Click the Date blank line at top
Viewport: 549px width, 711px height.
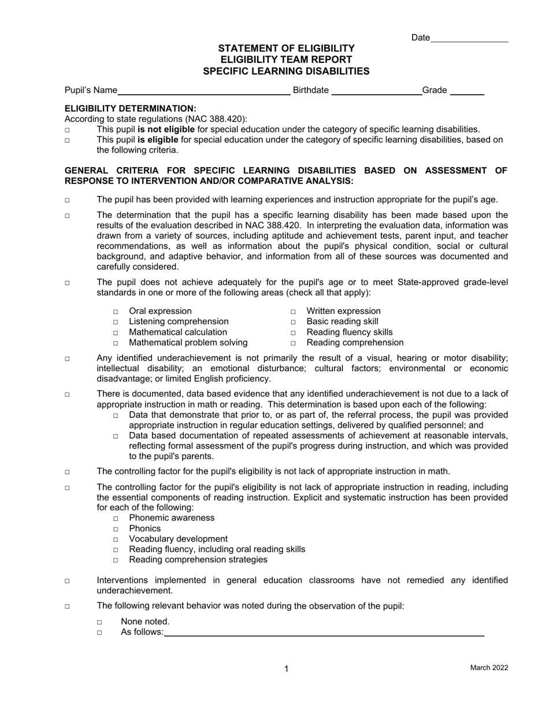469,38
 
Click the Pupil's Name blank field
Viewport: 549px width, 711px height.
203,90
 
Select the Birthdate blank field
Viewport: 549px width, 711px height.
376,90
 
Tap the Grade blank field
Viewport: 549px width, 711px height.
466,90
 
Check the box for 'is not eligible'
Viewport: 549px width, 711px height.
67,130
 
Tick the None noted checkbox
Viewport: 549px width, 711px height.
99,623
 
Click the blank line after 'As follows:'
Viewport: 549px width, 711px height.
324,632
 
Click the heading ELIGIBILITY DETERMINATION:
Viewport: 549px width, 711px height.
130,108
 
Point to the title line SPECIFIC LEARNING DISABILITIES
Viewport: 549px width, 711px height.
286,72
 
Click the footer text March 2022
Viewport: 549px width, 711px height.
489,668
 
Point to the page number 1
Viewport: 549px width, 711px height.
286,669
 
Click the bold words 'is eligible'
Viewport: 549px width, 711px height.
158,140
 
